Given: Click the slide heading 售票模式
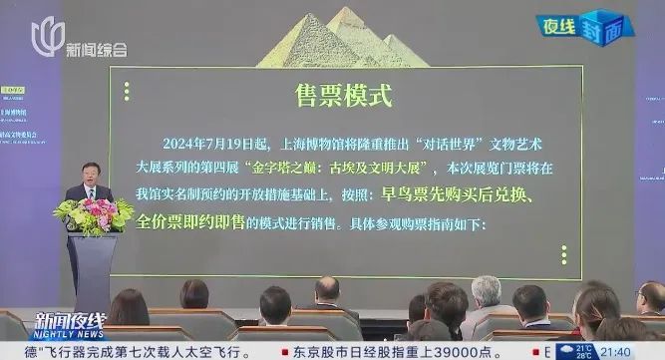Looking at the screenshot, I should point(343,95).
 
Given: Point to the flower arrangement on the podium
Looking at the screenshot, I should point(94,212).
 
